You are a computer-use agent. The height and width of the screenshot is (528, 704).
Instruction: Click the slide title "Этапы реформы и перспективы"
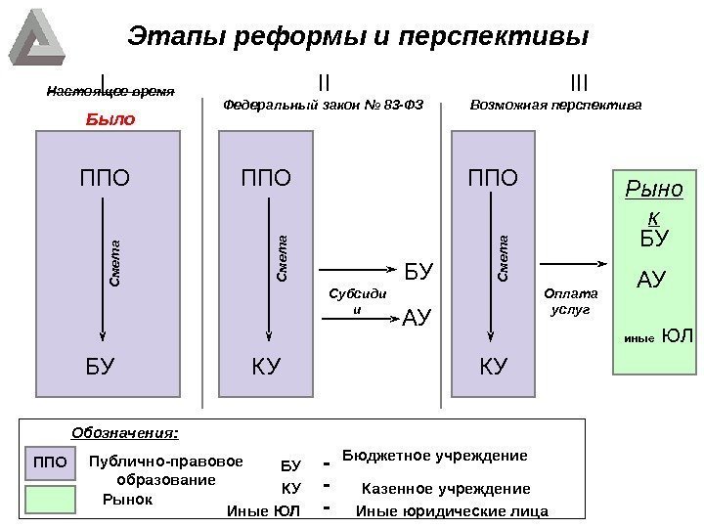click(x=359, y=37)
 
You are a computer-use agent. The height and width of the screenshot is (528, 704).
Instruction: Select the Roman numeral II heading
click(x=326, y=79)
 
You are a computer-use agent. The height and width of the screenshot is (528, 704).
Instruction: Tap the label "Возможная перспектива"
click(x=556, y=101)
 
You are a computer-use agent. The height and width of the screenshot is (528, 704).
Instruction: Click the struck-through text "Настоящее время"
click(x=110, y=92)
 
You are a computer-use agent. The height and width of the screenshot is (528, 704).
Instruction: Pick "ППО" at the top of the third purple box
click(x=493, y=179)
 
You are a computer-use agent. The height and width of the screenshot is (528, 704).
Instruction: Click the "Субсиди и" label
click(x=357, y=300)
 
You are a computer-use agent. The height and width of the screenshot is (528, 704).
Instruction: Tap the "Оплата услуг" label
click(x=570, y=300)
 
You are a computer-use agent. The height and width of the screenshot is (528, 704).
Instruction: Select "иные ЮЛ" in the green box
click(x=657, y=337)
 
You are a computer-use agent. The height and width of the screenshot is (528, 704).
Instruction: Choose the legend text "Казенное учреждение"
click(x=446, y=488)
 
